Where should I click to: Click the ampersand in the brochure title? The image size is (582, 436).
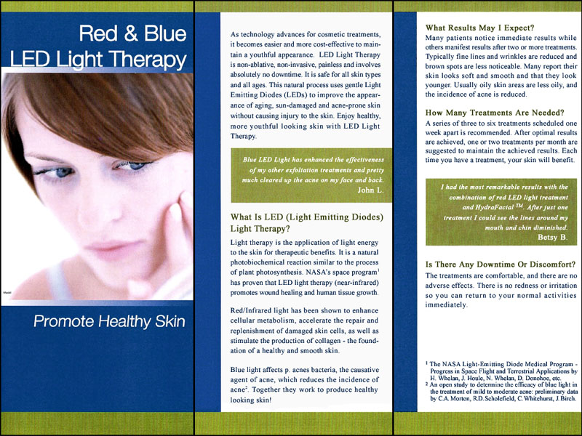coord(131,33)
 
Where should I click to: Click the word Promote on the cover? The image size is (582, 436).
coord(63,321)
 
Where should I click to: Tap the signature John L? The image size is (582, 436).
coord(370,190)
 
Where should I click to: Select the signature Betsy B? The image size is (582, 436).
coord(553,238)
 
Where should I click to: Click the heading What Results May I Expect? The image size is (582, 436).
coord(479,28)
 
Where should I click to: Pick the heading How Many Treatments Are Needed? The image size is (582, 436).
coord(495,113)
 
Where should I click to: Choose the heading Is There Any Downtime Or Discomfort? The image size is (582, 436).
coord(501,265)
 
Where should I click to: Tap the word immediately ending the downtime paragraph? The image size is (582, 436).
coord(446,305)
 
